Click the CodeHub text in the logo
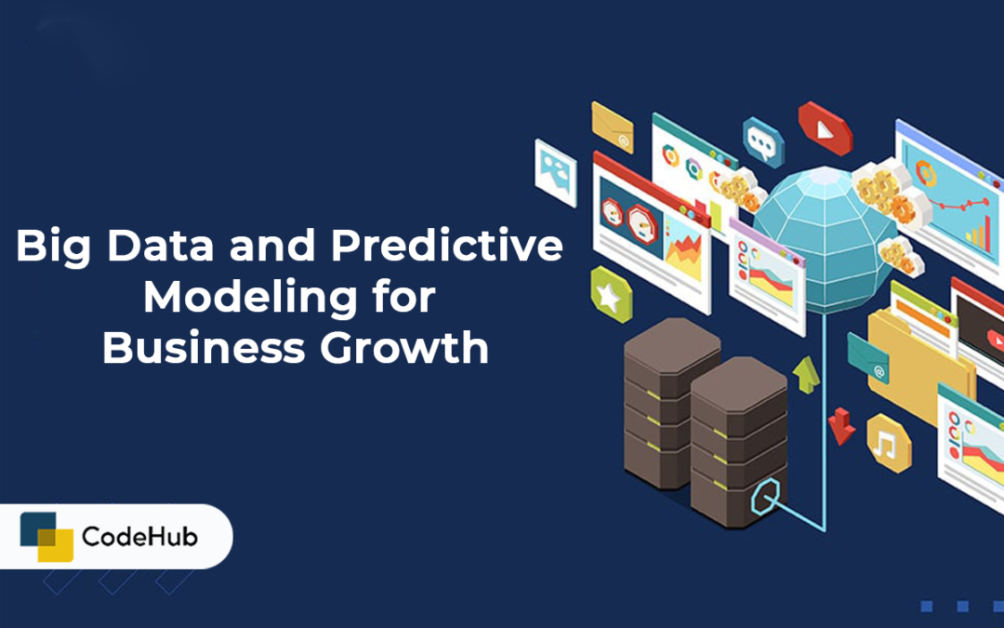pos(139,537)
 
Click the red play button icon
pos(825,128)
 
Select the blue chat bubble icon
pos(763,141)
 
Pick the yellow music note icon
pos(888,443)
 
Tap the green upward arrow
pos(806,374)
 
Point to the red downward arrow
pos(841,426)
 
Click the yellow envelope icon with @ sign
pos(612,127)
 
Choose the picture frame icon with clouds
pos(556,173)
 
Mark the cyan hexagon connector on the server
pos(765,497)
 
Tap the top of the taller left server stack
pos(672,346)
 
